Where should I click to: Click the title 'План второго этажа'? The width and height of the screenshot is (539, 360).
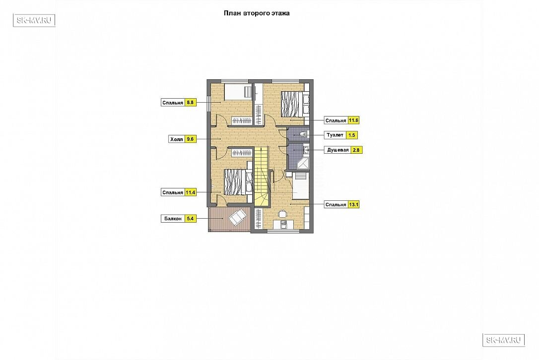click(257, 13)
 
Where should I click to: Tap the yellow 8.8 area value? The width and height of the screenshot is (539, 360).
click(191, 102)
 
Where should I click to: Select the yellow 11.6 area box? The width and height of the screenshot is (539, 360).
click(353, 120)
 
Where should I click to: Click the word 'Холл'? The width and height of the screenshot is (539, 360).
click(177, 139)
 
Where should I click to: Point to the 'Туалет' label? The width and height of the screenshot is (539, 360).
click(335, 135)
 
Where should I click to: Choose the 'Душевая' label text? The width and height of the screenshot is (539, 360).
click(338, 150)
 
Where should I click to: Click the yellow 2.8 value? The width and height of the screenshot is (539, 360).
click(356, 150)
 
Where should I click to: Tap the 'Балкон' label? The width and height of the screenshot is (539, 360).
click(173, 219)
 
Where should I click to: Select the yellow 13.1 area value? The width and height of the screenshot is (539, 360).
click(353, 204)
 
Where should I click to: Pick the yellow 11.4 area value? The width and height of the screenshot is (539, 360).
click(191, 192)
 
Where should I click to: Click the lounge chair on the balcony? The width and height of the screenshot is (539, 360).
click(237, 217)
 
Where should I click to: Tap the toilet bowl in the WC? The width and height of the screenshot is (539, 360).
click(303, 133)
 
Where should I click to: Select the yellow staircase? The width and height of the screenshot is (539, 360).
click(261, 177)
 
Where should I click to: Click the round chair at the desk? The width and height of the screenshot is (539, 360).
click(282, 214)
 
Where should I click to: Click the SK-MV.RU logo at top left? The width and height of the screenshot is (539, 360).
click(34, 20)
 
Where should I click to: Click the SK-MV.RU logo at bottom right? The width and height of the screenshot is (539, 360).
click(504, 340)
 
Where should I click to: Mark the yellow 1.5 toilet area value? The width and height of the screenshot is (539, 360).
click(352, 135)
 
